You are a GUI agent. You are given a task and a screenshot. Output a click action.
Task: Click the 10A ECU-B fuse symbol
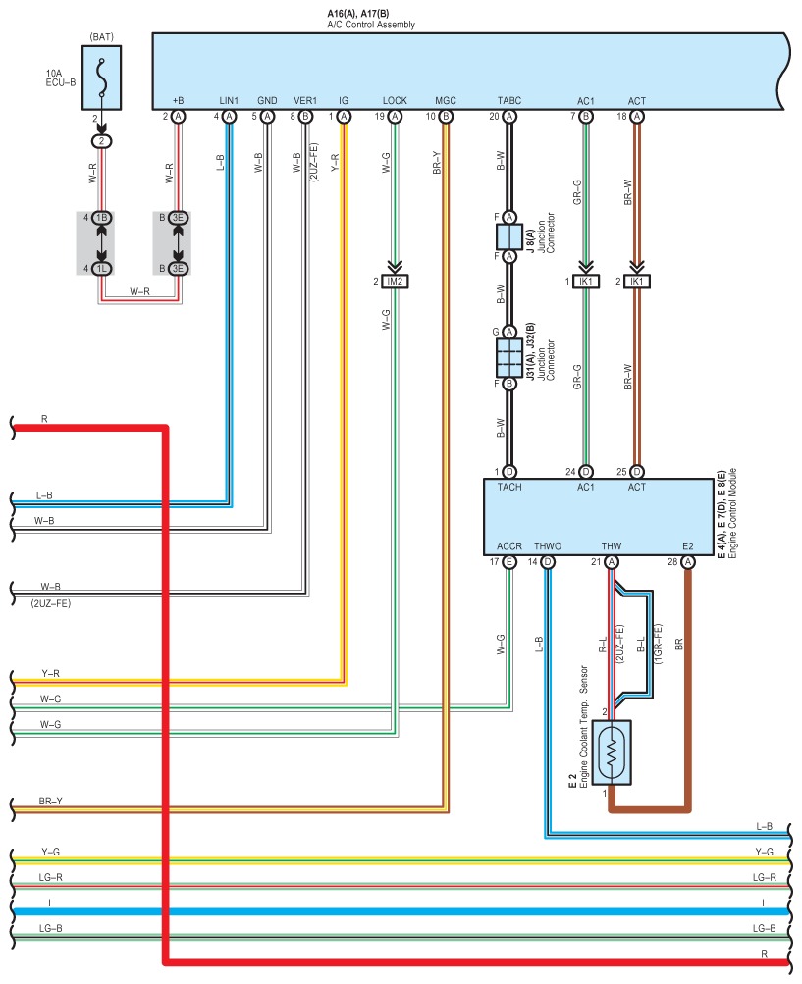102,78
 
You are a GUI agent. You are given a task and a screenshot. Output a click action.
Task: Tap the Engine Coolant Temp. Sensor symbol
612,751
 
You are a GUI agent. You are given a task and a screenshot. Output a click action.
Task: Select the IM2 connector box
395,282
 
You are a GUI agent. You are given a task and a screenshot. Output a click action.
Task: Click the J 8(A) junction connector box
509,237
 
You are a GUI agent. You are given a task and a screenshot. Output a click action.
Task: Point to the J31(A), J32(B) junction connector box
509,358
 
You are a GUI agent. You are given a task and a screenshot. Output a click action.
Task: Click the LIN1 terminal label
229,100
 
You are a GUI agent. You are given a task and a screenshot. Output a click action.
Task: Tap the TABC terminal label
509,100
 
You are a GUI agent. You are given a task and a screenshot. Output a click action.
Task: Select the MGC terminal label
446,100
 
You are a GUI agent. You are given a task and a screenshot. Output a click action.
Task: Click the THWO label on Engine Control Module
548,546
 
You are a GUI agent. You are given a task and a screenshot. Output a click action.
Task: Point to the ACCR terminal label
509,546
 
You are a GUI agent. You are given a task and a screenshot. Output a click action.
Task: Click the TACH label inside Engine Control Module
509,487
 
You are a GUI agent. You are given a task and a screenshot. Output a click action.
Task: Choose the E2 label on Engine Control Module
688,546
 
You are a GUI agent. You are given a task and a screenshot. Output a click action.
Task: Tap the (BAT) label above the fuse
102,37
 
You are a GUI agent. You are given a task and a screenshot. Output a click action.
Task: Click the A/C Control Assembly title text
370,25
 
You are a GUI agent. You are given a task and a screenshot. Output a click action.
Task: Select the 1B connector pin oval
102,218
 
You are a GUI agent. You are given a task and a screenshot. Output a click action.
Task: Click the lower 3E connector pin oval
179,269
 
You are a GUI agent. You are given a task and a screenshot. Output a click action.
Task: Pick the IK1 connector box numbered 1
586,282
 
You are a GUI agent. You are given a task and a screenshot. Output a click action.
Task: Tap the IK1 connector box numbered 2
637,282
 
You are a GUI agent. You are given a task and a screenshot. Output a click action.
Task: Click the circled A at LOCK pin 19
395,117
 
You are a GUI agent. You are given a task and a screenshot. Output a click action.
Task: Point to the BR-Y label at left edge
50,801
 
